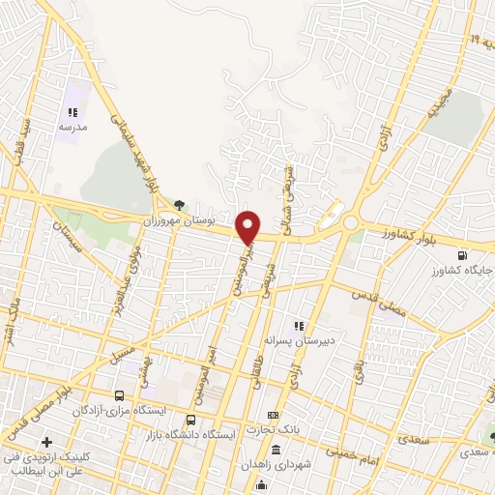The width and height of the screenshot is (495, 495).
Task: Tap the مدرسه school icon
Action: [73, 113]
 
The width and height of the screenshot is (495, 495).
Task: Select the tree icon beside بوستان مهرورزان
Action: [180, 204]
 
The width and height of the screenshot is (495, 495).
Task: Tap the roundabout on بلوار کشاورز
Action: [350, 223]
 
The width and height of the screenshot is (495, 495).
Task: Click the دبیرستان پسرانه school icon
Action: [299, 326]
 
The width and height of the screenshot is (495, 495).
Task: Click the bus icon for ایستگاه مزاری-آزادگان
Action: [119, 395]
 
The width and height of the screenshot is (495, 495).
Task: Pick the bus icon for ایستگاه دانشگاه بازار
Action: [190, 420]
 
